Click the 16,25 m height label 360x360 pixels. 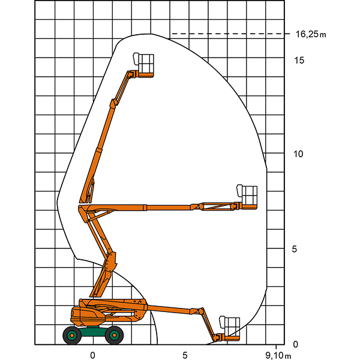pyautogui.click(x=311, y=34)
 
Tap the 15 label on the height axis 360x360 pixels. pyautogui.click(x=299, y=60)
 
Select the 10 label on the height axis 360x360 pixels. pyautogui.click(x=298, y=154)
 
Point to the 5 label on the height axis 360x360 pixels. pyautogui.click(x=295, y=249)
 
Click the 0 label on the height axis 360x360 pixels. pyautogui.click(x=295, y=344)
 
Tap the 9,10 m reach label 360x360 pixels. pyautogui.click(x=278, y=356)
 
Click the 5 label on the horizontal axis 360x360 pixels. pyautogui.click(x=185, y=355)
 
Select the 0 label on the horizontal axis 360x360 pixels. pyautogui.click(x=92, y=355)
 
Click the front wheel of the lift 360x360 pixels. pyautogui.click(x=114, y=335)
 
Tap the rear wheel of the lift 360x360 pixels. pyautogui.click(x=72, y=335)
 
